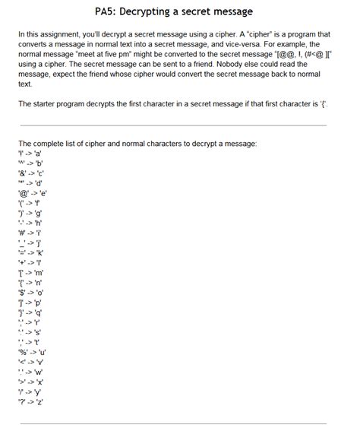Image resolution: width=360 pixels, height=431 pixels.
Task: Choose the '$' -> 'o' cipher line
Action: click(x=33, y=291)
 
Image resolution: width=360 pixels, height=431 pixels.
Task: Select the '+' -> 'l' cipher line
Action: click(x=31, y=262)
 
